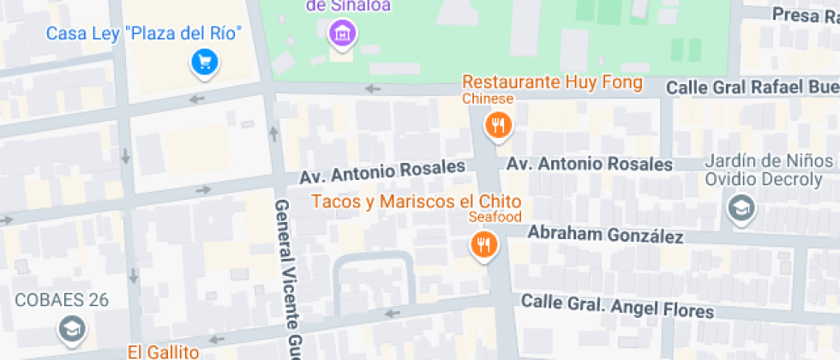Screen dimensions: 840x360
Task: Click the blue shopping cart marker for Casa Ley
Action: click(x=204, y=62)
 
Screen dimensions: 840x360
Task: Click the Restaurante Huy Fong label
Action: click(x=552, y=82)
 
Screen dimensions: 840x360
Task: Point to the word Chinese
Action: click(x=488, y=99)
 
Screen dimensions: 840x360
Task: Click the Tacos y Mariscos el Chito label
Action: click(x=417, y=201)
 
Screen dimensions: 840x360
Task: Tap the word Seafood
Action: click(x=495, y=217)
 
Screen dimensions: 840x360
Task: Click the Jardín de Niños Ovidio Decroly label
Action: click(x=768, y=170)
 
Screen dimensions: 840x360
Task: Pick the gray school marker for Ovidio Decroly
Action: click(x=739, y=207)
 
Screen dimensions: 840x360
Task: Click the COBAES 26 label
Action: click(x=61, y=300)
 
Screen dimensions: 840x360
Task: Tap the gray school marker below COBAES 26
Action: click(x=71, y=327)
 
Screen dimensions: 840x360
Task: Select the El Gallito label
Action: click(x=163, y=351)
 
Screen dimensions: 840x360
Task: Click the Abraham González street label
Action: click(x=604, y=235)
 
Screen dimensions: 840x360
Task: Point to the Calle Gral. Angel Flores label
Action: click(x=617, y=306)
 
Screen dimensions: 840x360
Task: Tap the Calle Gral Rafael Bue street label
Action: click(x=752, y=87)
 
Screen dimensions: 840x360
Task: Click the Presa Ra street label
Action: click(x=805, y=15)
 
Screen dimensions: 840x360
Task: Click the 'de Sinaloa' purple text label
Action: click(x=348, y=7)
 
